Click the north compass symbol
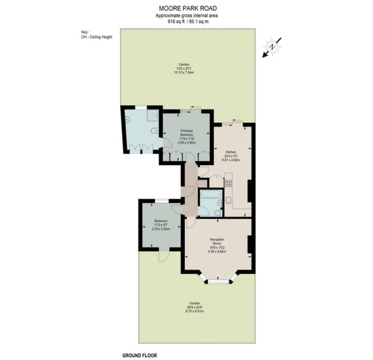click(x=272, y=47)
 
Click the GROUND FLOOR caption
click(x=140, y=356)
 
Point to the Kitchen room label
click(x=231, y=152)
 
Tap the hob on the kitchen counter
click(x=229, y=183)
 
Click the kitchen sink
click(x=229, y=200)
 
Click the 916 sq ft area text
click(x=174, y=22)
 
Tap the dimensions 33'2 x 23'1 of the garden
click(x=184, y=68)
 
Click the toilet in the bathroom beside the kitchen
click(x=218, y=212)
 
